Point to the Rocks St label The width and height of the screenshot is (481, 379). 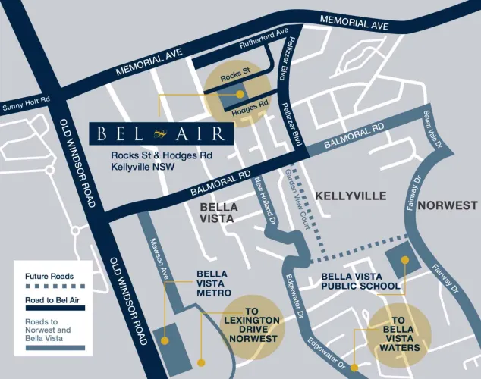tap(234, 77)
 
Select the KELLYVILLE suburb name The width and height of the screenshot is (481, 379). tap(351, 196)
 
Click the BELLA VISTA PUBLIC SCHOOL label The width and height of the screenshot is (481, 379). tap(360, 281)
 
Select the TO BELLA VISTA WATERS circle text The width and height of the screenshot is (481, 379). tap(401, 334)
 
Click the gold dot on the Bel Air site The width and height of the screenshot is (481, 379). tap(240, 95)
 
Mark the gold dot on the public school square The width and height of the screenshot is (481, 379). tap(405, 260)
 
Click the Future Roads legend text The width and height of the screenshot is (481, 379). tap(51, 277)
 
